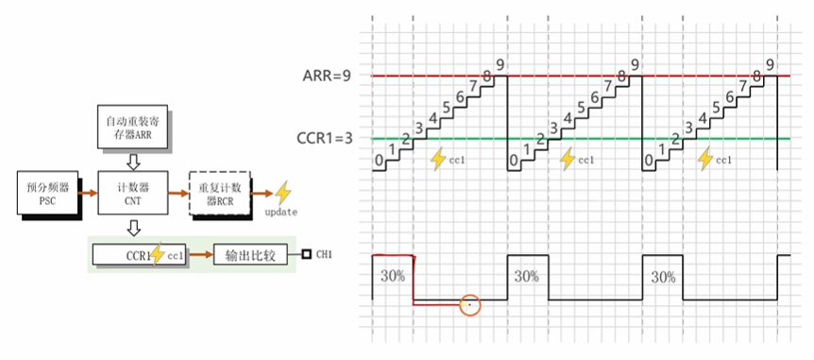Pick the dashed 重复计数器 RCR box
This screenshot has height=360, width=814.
[218, 191]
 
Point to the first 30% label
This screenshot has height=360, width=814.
[391, 277]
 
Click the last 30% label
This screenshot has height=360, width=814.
[663, 277]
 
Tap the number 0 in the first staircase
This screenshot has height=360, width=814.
[379, 162]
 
